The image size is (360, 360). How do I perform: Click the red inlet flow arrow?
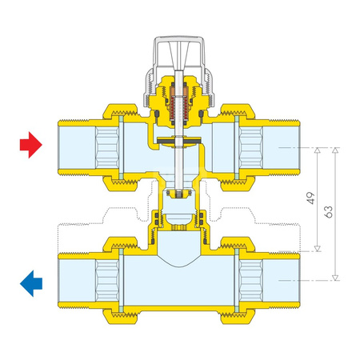31,145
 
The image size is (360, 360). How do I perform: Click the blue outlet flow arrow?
31,283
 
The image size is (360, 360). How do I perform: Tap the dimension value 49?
311,198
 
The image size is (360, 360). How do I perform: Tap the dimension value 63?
330,212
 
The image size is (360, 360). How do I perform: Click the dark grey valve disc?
179,141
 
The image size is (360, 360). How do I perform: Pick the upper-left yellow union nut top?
120,111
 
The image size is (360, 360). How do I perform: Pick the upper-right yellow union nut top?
238,111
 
